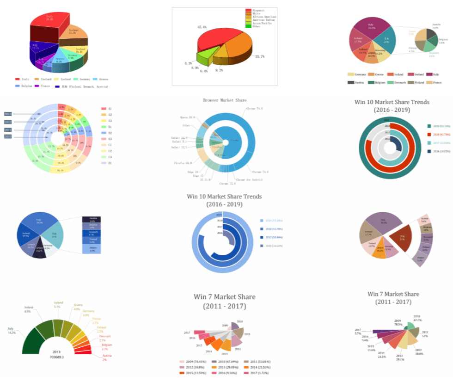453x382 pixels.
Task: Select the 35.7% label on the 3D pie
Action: (260, 56)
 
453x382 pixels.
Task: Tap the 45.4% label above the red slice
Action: (202, 27)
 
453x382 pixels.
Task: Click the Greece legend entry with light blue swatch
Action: (101, 79)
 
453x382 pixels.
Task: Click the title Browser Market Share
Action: (225, 100)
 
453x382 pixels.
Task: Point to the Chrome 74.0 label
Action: (254, 109)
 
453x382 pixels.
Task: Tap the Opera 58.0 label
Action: (188, 117)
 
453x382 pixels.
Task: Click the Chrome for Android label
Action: (249, 180)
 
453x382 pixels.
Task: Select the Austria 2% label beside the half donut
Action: (107, 357)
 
